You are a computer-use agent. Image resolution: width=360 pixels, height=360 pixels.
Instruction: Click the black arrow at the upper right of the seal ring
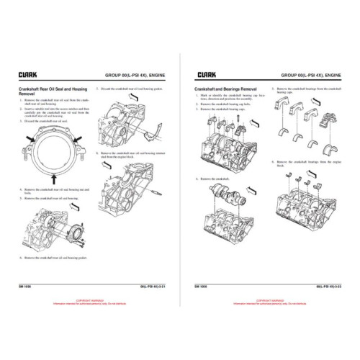click(x=80, y=134)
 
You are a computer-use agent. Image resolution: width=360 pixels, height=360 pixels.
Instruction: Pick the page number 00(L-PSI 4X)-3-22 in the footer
click(x=327, y=286)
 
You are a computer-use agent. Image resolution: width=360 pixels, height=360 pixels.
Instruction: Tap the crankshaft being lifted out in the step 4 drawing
click(x=234, y=196)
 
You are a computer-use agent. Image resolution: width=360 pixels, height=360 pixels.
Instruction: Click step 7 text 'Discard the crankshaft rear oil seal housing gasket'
click(x=130, y=89)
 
